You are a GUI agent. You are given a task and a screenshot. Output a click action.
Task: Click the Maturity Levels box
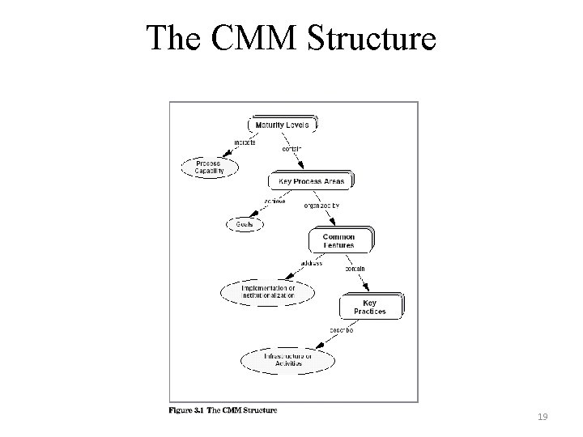tap(282, 125)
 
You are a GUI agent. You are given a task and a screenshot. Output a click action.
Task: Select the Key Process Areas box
tap(311, 181)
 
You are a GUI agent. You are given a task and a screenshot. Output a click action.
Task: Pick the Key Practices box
tap(369, 307)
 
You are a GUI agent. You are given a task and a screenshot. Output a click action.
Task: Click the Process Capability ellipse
tap(209, 168)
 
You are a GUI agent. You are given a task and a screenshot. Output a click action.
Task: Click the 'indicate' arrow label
tap(245, 142)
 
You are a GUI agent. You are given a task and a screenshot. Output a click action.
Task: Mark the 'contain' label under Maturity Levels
tap(291, 149)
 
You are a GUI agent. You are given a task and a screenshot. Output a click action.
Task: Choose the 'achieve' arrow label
tap(274, 201)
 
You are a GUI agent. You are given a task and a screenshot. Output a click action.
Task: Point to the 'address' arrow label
tap(311, 263)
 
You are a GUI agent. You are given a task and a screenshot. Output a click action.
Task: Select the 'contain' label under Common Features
tap(355, 269)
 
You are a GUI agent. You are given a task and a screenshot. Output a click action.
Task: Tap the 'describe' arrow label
tap(340, 329)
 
